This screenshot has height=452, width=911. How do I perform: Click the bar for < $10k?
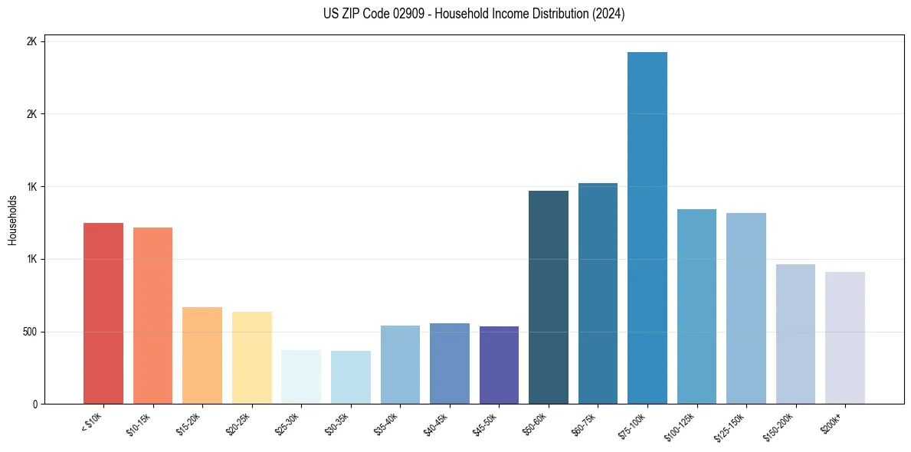(x=103, y=313)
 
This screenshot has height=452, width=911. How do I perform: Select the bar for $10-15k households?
(x=152, y=316)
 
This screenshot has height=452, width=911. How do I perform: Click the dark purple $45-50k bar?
(x=499, y=365)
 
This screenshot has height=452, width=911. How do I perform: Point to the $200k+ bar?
(x=845, y=338)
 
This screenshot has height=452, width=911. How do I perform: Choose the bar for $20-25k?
(x=251, y=358)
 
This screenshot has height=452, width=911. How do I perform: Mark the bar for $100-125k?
(x=696, y=306)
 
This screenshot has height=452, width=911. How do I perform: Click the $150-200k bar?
(x=795, y=334)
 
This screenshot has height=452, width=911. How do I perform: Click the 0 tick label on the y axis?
(x=34, y=404)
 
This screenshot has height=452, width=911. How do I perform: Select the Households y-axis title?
(x=12, y=220)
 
